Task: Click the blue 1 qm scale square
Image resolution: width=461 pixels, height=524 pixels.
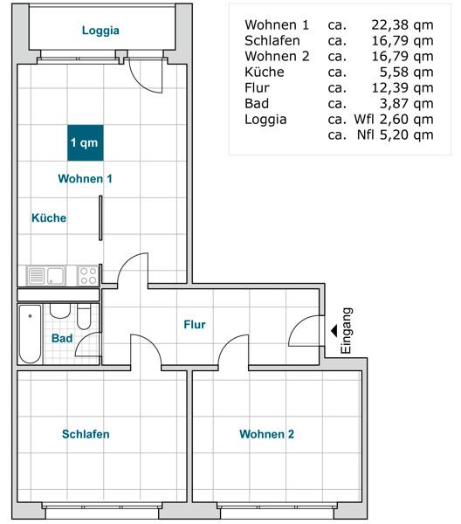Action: [86, 142]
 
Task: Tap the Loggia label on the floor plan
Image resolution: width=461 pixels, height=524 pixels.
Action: [100, 31]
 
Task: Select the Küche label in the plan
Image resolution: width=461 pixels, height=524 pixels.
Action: [49, 217]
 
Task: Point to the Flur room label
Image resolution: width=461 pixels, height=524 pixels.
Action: [195, 324]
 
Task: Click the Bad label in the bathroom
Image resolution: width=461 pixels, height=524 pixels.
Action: [62, 338]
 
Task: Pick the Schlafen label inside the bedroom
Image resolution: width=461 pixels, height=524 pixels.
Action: [86, 434]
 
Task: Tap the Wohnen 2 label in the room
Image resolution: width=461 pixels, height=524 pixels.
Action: [266, 434]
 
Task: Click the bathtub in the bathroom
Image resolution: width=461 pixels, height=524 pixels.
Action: [30, 334]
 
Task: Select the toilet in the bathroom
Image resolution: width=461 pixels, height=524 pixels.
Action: [84, 316]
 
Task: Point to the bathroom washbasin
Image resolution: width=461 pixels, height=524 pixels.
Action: [60, 311]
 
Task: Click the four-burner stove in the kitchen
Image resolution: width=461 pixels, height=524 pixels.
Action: [88, 276]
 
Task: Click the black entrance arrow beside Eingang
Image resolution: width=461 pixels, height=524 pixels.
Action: [334, 331]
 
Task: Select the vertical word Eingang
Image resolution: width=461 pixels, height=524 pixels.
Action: [346, 330]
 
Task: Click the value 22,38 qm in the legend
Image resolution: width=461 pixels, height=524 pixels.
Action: [403, 25]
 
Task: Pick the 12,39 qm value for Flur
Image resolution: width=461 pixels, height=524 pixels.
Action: [403, 88]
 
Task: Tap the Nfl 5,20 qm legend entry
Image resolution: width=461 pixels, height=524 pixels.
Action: [396, 135]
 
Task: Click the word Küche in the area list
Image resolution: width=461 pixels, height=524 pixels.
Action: [265, 72]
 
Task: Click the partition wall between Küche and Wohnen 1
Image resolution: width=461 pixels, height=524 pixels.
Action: [100, 217]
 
